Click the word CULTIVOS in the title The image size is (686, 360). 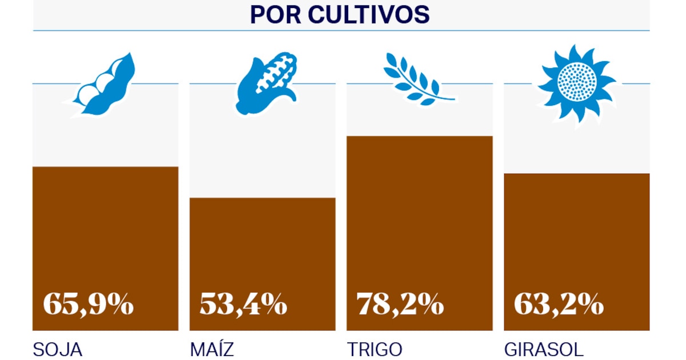tap(369, 15)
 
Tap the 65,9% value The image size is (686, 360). tap(88, 305)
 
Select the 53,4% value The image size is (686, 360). tap(243, 305)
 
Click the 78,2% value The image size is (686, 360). tap(400, 305)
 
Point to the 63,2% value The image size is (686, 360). tap(559, 305)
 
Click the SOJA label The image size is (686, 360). tap(58, 349)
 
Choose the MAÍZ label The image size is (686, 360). tap(212, 349)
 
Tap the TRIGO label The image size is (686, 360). tap(374, 349)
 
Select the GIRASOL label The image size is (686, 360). tap(544, 349)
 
